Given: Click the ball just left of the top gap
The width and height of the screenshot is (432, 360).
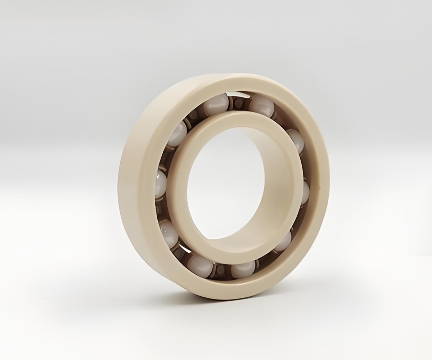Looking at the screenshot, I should pos(216,104).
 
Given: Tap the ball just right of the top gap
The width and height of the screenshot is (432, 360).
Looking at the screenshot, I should pos(262,106).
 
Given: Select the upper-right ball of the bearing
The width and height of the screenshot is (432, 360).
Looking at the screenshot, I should pos(296,140).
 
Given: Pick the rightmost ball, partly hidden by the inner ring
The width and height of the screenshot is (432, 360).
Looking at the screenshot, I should pos(305,192).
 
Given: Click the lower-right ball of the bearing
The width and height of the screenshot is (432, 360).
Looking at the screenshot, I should pos(284,242).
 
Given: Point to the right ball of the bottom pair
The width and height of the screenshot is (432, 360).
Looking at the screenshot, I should pos(243,269).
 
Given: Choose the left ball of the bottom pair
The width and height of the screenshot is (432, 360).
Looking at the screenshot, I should pos(200,266).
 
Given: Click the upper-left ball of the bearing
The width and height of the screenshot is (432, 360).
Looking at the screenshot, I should pos(177,134).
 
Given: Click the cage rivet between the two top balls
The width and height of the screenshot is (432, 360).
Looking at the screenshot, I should pos(238,104).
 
